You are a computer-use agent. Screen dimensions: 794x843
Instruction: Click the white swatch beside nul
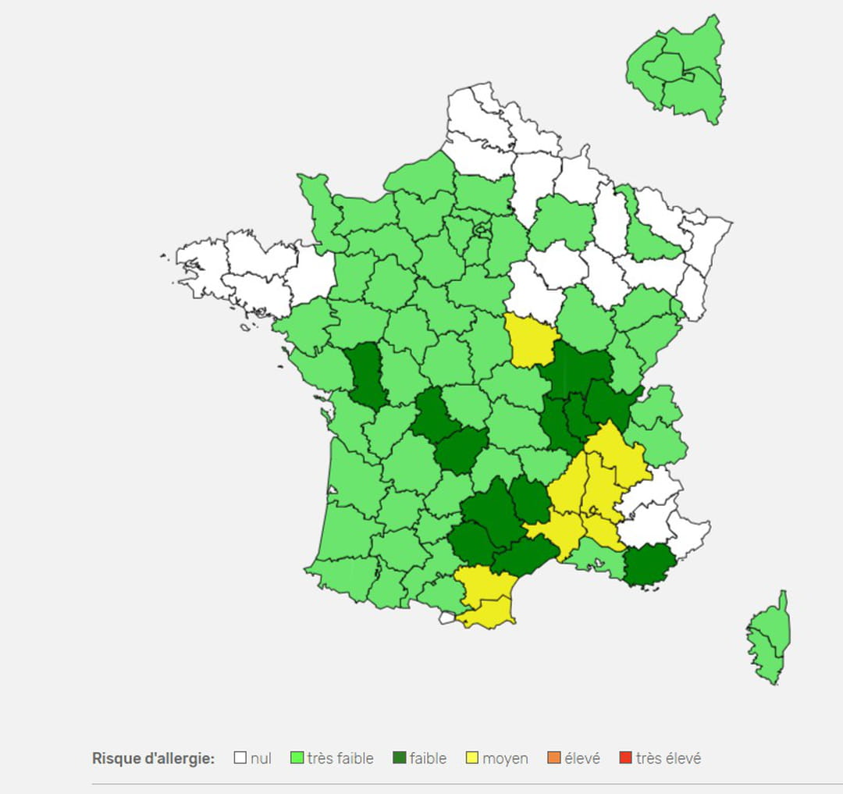click(x=240, y=757)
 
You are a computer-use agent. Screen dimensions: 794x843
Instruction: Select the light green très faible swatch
click(x=297, y=757)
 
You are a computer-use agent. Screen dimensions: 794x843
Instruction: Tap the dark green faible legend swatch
click(x=400, y=757)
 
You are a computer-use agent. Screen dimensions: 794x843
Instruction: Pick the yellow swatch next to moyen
click(x=472, y=757)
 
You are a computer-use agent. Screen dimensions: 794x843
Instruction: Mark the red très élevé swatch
click(x=625, y=757)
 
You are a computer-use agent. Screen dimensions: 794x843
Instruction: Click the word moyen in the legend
click(x=505, y=758)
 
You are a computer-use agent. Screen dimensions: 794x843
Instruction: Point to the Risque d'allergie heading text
click(x=153, y=758)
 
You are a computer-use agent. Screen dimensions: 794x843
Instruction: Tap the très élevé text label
click(x=668, y=758)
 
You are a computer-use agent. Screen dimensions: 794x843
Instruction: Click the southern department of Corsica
click(x=767, y=660)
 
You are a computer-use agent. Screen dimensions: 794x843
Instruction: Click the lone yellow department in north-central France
click(x=532, y=340)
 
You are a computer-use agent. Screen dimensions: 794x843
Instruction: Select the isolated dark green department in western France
click(x=363, y=376)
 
